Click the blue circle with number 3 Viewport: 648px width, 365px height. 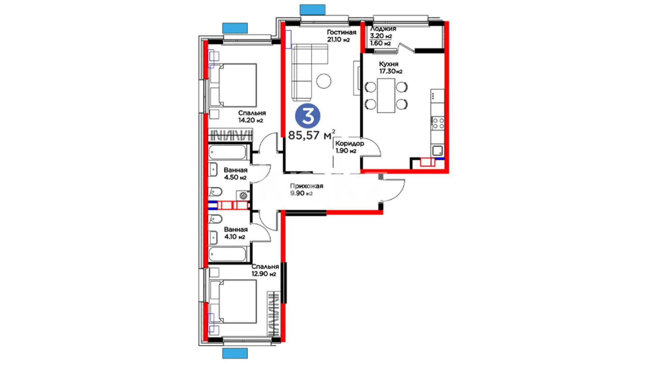[x=307, y=116]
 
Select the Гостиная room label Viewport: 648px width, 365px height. [x=342, y=32]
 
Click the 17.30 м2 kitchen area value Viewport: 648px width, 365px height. [x=391, y=71]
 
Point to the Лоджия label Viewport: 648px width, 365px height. [x=383, y=29]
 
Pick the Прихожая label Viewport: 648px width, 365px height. [x=307, y=186]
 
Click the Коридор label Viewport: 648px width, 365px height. [x=350, y=143]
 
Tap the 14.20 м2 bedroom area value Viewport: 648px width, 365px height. [x=250, y=120]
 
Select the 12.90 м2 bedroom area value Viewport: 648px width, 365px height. [x=264, y=274]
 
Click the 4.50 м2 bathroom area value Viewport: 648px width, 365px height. [x=235, y=177]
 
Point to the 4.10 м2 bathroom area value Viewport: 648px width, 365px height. [x=235, y=237]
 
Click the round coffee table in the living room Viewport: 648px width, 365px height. [x=324, y=81]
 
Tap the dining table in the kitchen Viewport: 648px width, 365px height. [x=386, y=95]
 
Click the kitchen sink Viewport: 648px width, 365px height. [x=438, y=150]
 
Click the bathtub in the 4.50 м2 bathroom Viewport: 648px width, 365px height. [x=228, y=152]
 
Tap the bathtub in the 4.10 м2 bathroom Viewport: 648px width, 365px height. [x=228, y=254]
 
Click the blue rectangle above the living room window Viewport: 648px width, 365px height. [x=313, y=9]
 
